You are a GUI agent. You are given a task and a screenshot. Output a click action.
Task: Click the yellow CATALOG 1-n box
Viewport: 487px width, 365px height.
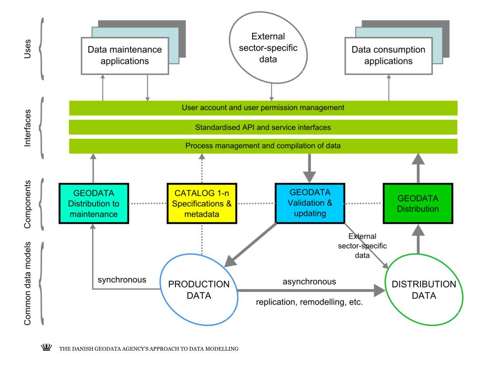(x=202, y=203)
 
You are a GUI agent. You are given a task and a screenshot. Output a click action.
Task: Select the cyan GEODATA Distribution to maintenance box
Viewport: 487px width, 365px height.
(x=94, y=203)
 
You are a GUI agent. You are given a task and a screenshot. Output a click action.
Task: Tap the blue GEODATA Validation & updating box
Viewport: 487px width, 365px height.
(x=310, y=203)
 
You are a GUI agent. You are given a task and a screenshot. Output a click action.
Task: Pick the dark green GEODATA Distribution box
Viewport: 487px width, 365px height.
(x=418, y=203)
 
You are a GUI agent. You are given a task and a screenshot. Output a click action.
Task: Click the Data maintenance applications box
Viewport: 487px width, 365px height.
(x=125, y=56)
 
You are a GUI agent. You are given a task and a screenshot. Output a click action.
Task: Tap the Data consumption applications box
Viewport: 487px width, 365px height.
(x=389, y=56)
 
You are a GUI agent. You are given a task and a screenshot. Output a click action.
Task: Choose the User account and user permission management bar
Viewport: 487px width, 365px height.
(x=263, y=108)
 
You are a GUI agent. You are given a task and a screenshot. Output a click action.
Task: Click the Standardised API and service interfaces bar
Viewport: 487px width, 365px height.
(x=263, y=127)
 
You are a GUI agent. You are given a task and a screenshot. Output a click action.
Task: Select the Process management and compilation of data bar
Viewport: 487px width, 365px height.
(x=263, y=146)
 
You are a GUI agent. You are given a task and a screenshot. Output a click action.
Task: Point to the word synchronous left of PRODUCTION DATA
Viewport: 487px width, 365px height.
(x=122, y=280)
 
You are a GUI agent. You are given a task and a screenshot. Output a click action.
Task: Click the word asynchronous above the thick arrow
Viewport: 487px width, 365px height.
(x=309, y=281)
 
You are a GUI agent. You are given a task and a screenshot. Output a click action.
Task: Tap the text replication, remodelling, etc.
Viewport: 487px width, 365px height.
(x=309, y=302)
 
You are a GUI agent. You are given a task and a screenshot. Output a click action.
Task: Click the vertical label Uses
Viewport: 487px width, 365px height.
(x=27, y=49)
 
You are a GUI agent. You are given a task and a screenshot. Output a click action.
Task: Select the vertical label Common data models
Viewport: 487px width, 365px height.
(x=27, y=283)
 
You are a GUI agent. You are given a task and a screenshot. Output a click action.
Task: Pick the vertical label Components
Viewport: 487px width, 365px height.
(x=27, y=204)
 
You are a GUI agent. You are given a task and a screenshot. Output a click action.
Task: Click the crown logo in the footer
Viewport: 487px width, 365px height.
(x=47, y=347)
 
